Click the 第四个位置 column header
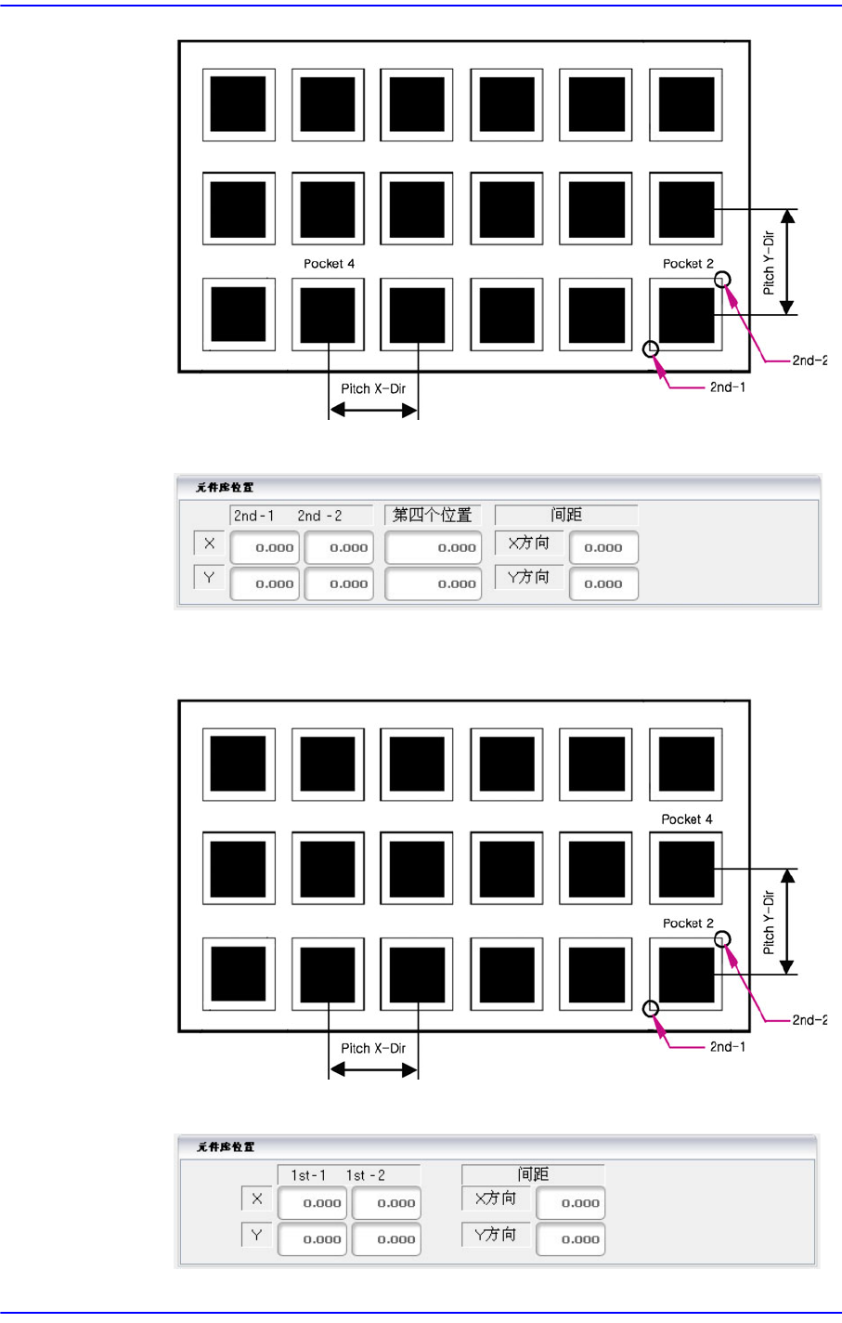tap(433, 515)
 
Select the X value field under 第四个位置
tap(433, 547)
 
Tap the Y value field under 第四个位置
tap(433, 583)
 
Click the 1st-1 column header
tap(308, 1175)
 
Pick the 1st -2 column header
tap(366, 1175)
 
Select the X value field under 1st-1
tap(313, 1202)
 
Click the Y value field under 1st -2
tap(385, 1238)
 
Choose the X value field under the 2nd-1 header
tap(265, 547)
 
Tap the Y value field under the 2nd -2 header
tap(339, 583)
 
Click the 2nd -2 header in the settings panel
tap(320, 516)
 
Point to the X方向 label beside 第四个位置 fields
tap(528, 543)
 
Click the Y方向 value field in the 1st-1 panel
tap(571, 1238)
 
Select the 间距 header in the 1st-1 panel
tap(533, 1174)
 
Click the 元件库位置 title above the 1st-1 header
tap(226, 1146)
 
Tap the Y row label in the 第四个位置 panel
tap(209, 577)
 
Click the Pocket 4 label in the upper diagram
tap(329, 264)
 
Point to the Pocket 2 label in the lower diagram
tap(688, 923)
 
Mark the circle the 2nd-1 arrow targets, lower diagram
tap(651, 1009)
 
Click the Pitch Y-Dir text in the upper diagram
tap(769, 263)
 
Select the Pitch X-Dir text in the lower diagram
tap(373, 1048)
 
